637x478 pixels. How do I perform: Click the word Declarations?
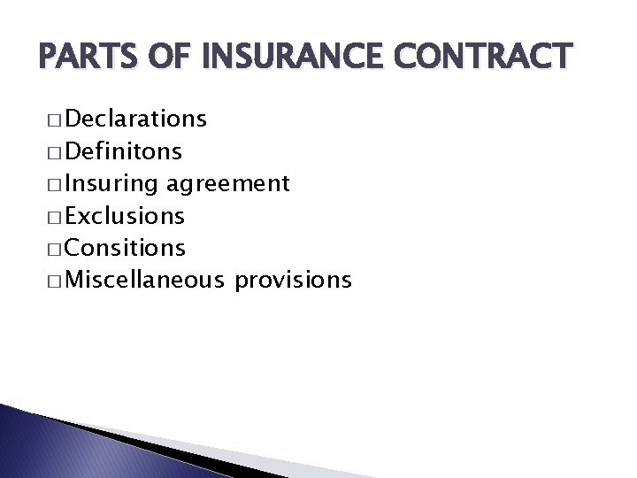point(135,119)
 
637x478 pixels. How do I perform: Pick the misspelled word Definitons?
point(123,151)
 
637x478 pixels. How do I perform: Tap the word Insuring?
point(111,184)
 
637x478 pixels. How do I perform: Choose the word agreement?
point(227,184)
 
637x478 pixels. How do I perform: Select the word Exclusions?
point(125,216)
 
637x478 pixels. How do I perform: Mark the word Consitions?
point(125,249)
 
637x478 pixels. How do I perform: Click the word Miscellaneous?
point(144,281)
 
